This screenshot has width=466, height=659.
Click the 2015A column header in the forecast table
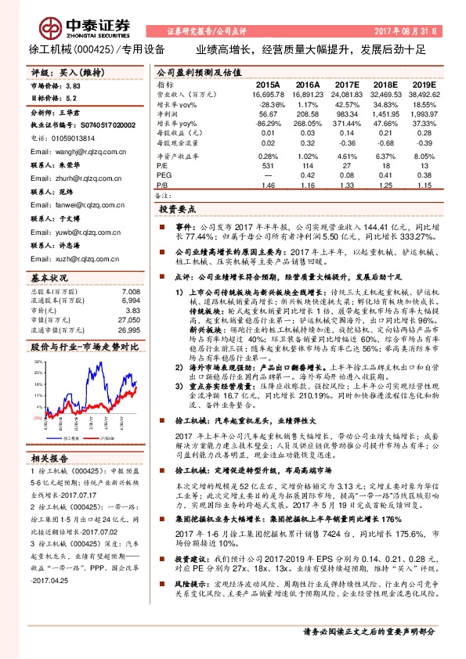pos(268,85)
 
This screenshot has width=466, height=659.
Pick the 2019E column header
pos(423,85)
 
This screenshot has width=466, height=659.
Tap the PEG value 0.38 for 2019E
pos(425,176)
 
